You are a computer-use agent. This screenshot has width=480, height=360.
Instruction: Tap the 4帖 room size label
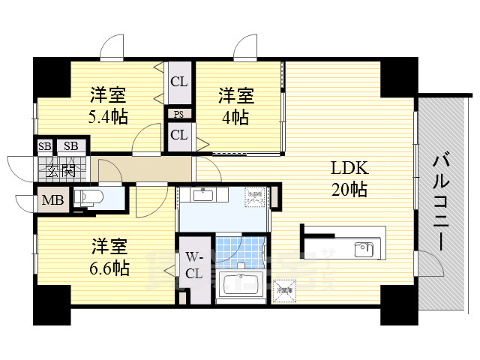(x=235, y=118)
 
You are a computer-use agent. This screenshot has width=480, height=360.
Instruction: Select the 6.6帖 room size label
(x=109, y=268)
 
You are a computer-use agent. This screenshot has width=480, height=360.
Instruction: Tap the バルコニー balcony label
(x=442, y=202)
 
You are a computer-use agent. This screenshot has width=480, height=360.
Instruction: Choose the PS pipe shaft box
(x=178, y=115)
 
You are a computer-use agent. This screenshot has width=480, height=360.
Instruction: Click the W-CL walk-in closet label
(x=193, y=265)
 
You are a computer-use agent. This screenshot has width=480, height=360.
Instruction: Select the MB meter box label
(x=52, y=200)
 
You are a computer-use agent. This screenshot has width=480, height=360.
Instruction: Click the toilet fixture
(x=87, y=198)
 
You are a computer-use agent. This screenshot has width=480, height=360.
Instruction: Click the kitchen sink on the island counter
(x=362, y=249)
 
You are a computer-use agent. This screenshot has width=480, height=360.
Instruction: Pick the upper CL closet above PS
(x=178, y=82)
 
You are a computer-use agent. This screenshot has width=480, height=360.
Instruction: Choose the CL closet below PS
(x=178, y=136)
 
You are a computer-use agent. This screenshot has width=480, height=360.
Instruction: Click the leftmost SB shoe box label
(x=44, y=145)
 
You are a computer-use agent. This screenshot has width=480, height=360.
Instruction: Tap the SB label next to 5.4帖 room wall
(x=71, y=145)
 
